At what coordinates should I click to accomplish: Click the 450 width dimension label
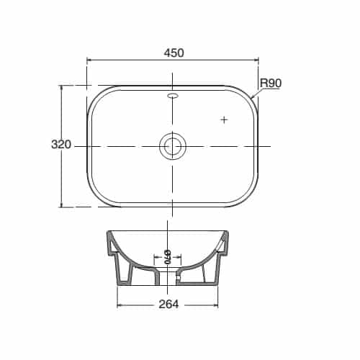click(174, 53)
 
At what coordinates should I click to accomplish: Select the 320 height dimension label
click(61, 145)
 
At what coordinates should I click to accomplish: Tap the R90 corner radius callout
click(271, 83)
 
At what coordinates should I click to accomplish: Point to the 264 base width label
click(168, 305)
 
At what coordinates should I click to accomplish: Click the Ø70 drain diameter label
click(167, 257)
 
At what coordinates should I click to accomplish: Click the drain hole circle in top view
click(173, 146)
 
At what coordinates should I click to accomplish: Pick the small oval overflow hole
click(173, 96)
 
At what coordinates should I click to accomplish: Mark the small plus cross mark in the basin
click(224, 120)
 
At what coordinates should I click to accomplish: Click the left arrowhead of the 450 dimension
click(89, 60)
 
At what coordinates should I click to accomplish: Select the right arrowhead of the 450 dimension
click(256, 60)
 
